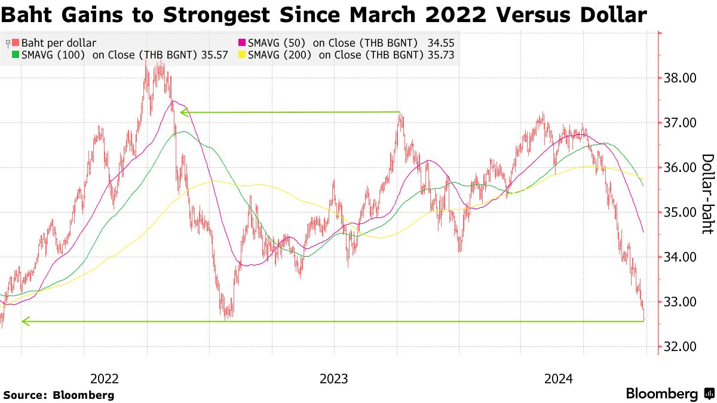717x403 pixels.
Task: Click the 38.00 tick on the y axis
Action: pyautogui.click(x=679, y=78)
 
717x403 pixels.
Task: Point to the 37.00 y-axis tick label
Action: pyautogui.click(x=679, y=123)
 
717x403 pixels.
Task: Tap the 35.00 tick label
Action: pyautogui.click(x=679, y=213)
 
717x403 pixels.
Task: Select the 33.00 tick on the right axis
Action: pyautogui.click(x=679, y=302)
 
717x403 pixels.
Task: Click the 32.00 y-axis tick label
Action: pyautogui.click(x=679, y=347)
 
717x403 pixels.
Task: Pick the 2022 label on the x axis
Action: pyautogui.click(x=105, y=379)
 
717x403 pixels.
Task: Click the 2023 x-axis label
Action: pyautogui.click(x=334, y=379)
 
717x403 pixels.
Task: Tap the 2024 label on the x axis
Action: pyautogui.click(x=558, y=379)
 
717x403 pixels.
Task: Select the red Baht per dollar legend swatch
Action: pyautogui.click(x=16, y=43)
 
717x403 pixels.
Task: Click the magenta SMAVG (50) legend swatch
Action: pyautogui.click(x=242, y=43)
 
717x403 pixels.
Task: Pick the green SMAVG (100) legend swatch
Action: pyautogui.click(x=16, y=54)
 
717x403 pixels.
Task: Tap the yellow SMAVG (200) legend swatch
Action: pyautogui.click(x=242, y=54)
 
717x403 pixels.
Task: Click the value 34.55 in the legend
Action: pyautogui.click(x=440, y=43)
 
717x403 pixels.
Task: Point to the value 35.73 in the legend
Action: pyautogui.click(x=440, y=54)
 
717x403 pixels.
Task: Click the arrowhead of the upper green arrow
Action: pyautogui.click(x=183, y=112)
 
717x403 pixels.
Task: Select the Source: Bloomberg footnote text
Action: pyautogui.click(x=59, y=395)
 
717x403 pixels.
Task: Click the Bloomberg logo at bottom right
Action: pyautogui.click(x=670, y=394)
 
